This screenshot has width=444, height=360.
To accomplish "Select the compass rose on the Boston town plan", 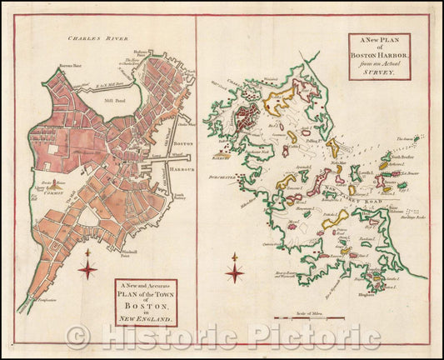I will click(x=87, y=267).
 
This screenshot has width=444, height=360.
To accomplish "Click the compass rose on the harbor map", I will click(x=236, y=271).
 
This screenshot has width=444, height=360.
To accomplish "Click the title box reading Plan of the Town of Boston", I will click(x=146, y=301).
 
